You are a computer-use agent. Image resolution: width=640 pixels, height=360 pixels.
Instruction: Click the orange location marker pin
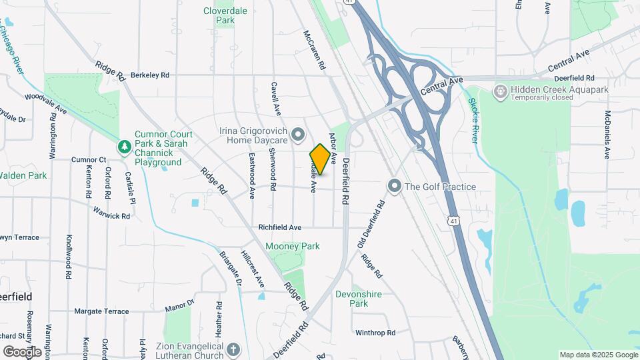[320, 159]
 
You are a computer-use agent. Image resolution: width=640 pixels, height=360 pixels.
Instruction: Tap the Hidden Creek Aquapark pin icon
[499, 90]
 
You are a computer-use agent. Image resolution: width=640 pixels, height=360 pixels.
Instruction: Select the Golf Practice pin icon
[394, 186]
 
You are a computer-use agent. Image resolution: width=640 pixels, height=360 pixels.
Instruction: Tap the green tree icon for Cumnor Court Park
[123, 146]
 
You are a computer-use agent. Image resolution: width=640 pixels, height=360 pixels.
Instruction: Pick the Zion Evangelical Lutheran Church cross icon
[233, 349]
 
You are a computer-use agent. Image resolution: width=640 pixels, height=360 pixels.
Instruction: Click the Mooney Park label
[293, 246]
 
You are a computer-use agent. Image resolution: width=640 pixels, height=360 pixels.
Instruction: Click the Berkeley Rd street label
[150, 75]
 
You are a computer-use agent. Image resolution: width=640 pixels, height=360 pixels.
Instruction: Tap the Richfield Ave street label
[280, 227]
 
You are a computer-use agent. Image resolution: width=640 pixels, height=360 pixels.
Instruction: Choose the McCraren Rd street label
[314, 50]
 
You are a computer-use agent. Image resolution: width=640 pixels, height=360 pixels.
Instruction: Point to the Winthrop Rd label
[375, 332]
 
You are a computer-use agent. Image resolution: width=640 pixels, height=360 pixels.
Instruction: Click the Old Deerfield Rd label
[371, 223]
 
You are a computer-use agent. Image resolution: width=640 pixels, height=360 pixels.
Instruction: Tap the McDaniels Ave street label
[607, 134]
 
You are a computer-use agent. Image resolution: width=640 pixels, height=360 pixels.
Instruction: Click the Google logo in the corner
[22, 351]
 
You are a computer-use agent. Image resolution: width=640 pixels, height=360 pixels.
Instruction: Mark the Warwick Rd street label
[111, 216]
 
